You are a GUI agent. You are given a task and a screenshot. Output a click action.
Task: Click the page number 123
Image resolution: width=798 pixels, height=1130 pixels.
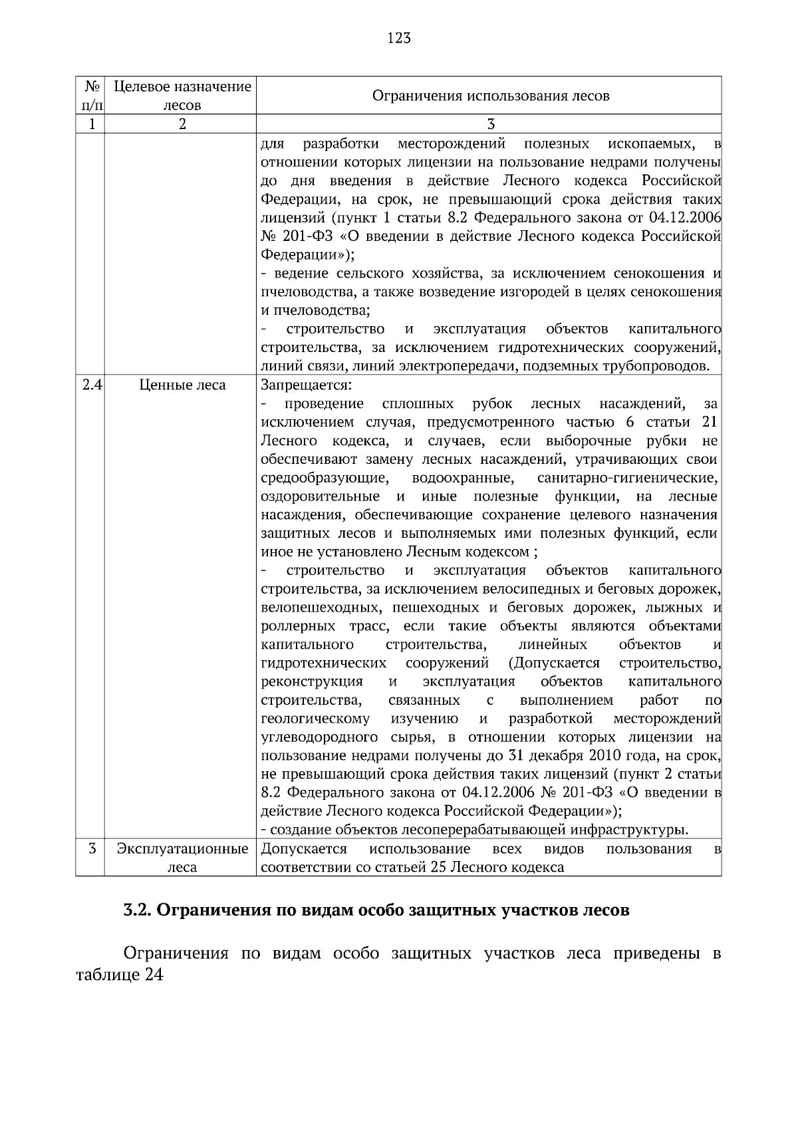point(399,38)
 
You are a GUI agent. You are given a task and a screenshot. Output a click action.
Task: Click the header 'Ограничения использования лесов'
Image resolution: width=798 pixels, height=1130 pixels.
point(490,96)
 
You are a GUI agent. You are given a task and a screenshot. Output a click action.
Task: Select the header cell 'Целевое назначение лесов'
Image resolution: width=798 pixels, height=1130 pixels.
point(182,96)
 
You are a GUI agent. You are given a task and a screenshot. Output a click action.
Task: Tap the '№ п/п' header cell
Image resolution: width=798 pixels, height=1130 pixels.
point(92,96)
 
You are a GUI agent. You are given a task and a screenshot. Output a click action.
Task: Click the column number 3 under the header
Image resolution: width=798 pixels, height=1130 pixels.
point(490,124)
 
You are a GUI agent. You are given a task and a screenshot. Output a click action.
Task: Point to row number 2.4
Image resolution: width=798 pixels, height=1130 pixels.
point(92,385)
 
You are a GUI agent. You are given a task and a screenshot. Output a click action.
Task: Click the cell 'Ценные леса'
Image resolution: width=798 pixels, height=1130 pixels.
point(182,385)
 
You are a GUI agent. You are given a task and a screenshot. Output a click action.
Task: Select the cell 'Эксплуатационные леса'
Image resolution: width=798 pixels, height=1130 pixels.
point(182,858)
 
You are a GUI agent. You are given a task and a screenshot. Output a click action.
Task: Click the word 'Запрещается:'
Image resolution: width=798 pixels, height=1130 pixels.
point(306,385)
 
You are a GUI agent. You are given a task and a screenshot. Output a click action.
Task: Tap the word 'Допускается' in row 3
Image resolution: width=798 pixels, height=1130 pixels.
point(304,848)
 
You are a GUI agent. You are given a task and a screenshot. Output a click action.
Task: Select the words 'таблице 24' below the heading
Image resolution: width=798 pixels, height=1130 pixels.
point(120,975)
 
